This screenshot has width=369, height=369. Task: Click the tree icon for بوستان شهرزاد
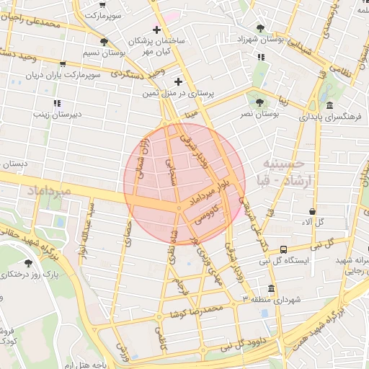[260, 28]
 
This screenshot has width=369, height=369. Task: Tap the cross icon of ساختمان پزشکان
[157, 29]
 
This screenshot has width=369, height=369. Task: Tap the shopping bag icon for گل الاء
[312, 211]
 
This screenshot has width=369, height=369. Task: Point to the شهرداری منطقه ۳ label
[270, 299]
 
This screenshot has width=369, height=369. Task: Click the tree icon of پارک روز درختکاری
[28, 263]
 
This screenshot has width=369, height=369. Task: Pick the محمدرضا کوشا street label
[199, 311]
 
